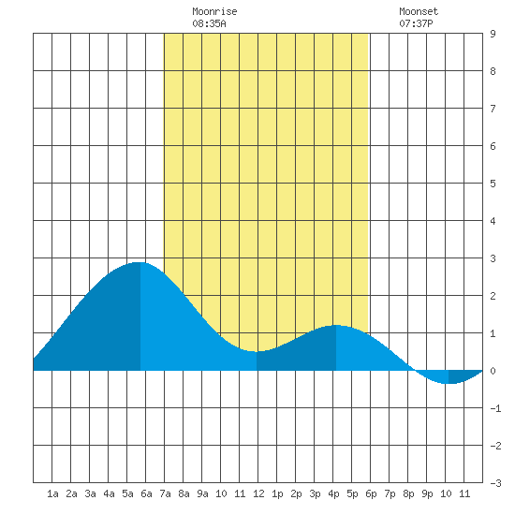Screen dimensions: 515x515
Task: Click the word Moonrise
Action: (214, 11)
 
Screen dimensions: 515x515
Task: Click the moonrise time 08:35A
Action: (209, 23)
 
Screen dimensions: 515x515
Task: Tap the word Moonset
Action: (419, 11)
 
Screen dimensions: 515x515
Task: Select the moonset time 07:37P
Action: (416, 23)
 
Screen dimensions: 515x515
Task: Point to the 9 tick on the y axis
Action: (493, 34)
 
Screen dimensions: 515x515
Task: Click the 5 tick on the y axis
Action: (493, 184)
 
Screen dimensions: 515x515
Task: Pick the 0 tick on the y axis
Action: (493, 371)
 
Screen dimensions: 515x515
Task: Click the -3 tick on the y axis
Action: (495, 483)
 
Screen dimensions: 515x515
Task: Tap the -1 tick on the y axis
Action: (495, 408)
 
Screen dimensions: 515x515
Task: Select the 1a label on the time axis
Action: (52, 493)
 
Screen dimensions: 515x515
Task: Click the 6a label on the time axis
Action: (146, 493)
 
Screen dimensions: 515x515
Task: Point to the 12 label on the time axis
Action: (258, 493)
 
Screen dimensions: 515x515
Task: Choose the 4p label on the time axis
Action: (333, 493)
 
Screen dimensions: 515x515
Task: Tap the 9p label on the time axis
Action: (427, 493)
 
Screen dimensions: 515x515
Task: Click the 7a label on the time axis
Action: (165, 493)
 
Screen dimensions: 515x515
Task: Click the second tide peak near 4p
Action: (336, 325)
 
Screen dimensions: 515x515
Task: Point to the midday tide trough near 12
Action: (257, 351)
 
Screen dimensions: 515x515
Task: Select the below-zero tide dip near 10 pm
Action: (449, 383)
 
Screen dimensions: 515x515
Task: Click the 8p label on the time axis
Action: (408, 493)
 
